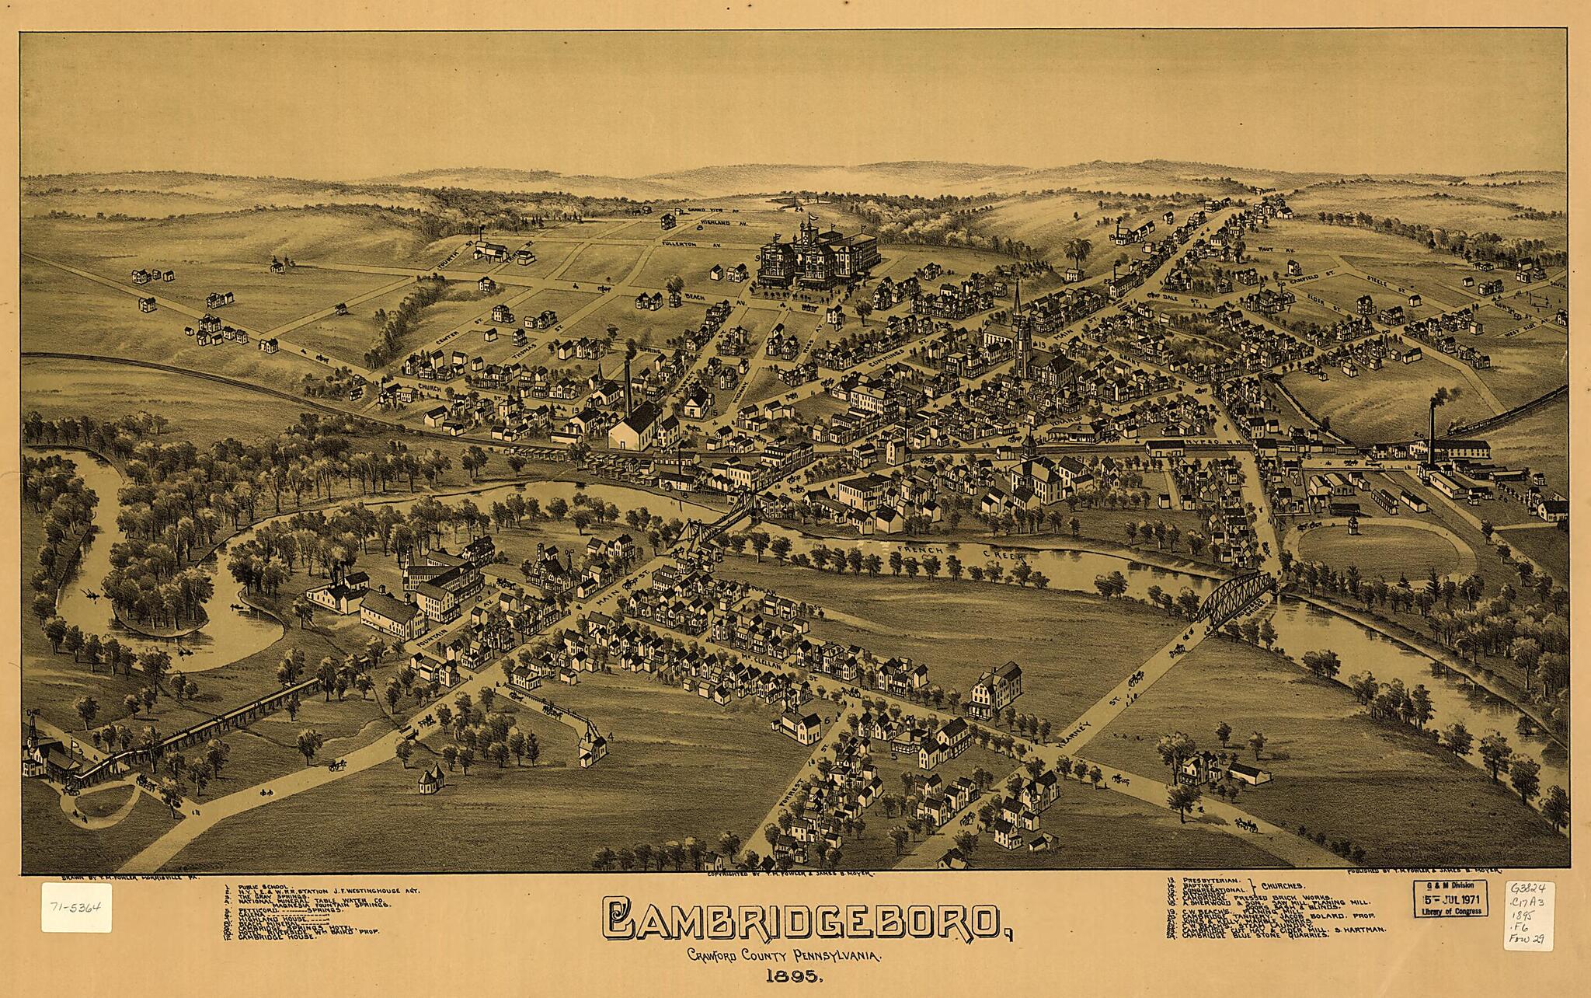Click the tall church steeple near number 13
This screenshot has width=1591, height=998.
click(x=1018, y=319)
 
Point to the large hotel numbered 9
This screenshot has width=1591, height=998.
click(x=816, y=256)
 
